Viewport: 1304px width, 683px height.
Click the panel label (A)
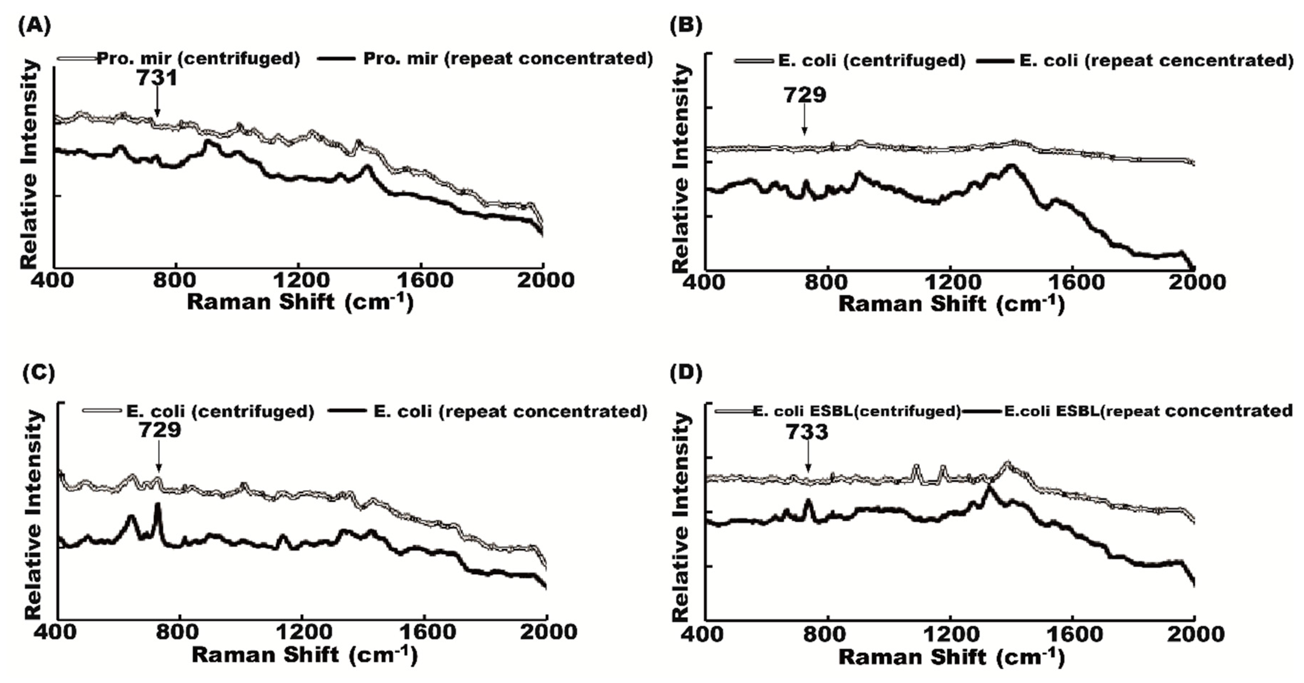tap(34, 26)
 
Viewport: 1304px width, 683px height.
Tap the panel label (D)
tap(686, 373)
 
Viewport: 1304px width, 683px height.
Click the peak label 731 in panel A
tap(157, 78)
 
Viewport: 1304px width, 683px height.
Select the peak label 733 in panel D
tap(807, 432)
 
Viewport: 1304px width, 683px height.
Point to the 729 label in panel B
tap(805, 95)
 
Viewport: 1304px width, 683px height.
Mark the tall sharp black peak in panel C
tap(158, 505)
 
